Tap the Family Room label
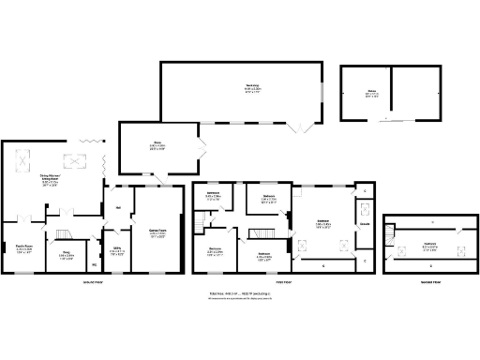23,251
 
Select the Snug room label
67,254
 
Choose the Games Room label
157,234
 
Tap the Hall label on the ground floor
119,208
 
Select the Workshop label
240,87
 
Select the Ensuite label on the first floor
364,224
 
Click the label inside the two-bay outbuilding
372,94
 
